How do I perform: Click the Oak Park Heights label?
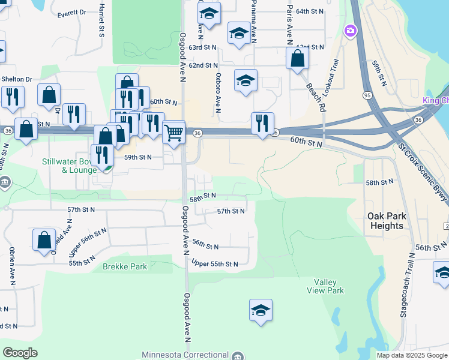(387, 221)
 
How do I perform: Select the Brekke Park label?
(125, 266)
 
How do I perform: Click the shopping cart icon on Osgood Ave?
(174, 131)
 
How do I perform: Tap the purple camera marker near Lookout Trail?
(350, 30)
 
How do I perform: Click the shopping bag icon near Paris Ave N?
(297, 58)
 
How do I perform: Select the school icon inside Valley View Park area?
(261, 310)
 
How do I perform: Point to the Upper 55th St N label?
(215, 263)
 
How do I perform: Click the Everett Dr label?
(72, 13)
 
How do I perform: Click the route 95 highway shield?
(367, 95)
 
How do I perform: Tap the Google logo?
(20, 353)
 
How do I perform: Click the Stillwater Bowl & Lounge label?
(69, 166)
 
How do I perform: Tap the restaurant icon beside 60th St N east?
(262, 123)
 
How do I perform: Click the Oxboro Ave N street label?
(218, 93)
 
